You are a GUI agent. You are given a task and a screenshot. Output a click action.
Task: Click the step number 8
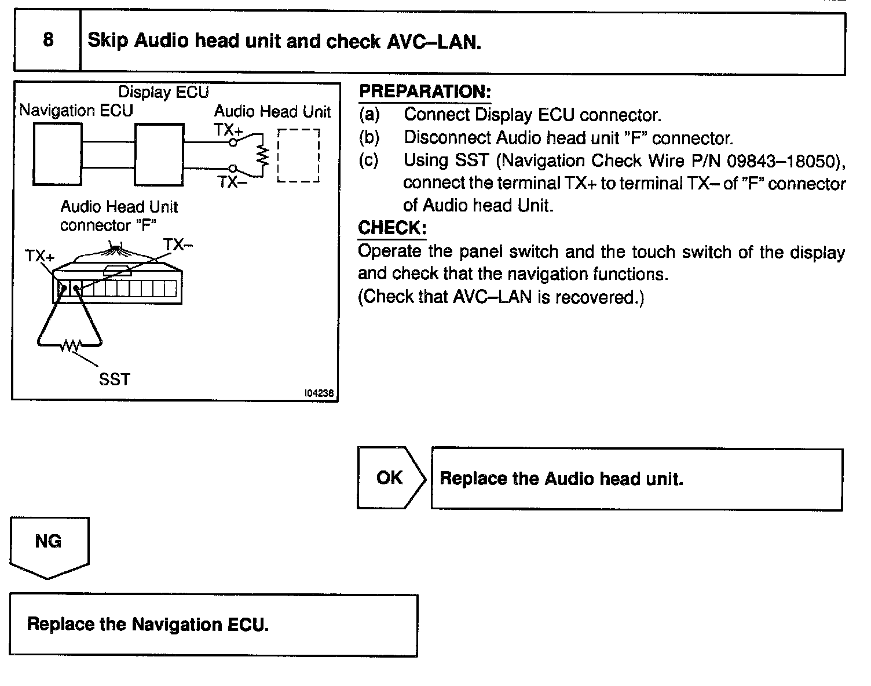(x=48, y=40)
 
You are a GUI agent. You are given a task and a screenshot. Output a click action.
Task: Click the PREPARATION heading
(x=424, y=92)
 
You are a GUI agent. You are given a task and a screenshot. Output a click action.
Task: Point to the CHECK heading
(x=392, y=228)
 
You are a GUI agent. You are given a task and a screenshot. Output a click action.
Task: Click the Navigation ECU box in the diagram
(x=57, y=154)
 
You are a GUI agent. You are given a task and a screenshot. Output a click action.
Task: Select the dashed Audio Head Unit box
(x=298, y=155)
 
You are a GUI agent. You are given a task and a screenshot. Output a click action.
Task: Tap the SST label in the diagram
(x=114, y=380)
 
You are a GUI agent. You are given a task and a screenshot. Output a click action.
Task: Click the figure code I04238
(x=319, y=393)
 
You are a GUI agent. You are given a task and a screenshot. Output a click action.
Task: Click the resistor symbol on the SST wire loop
(x=71, y=346)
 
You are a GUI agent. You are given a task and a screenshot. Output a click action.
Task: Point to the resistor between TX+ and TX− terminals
(x=264, y=155)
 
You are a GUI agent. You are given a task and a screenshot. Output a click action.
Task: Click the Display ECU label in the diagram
(x=163, y=92)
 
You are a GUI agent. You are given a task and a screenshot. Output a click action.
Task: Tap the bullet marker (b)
(x=369, y=138)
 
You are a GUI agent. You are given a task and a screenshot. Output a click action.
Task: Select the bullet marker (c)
(x=369, y=160)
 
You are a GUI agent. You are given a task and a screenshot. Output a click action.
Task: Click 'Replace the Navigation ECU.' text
(x=148, y=625)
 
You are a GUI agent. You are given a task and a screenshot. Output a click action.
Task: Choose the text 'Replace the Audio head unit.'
(x=561, y=479)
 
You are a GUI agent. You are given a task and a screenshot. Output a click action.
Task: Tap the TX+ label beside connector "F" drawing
(x=39, y=256)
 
